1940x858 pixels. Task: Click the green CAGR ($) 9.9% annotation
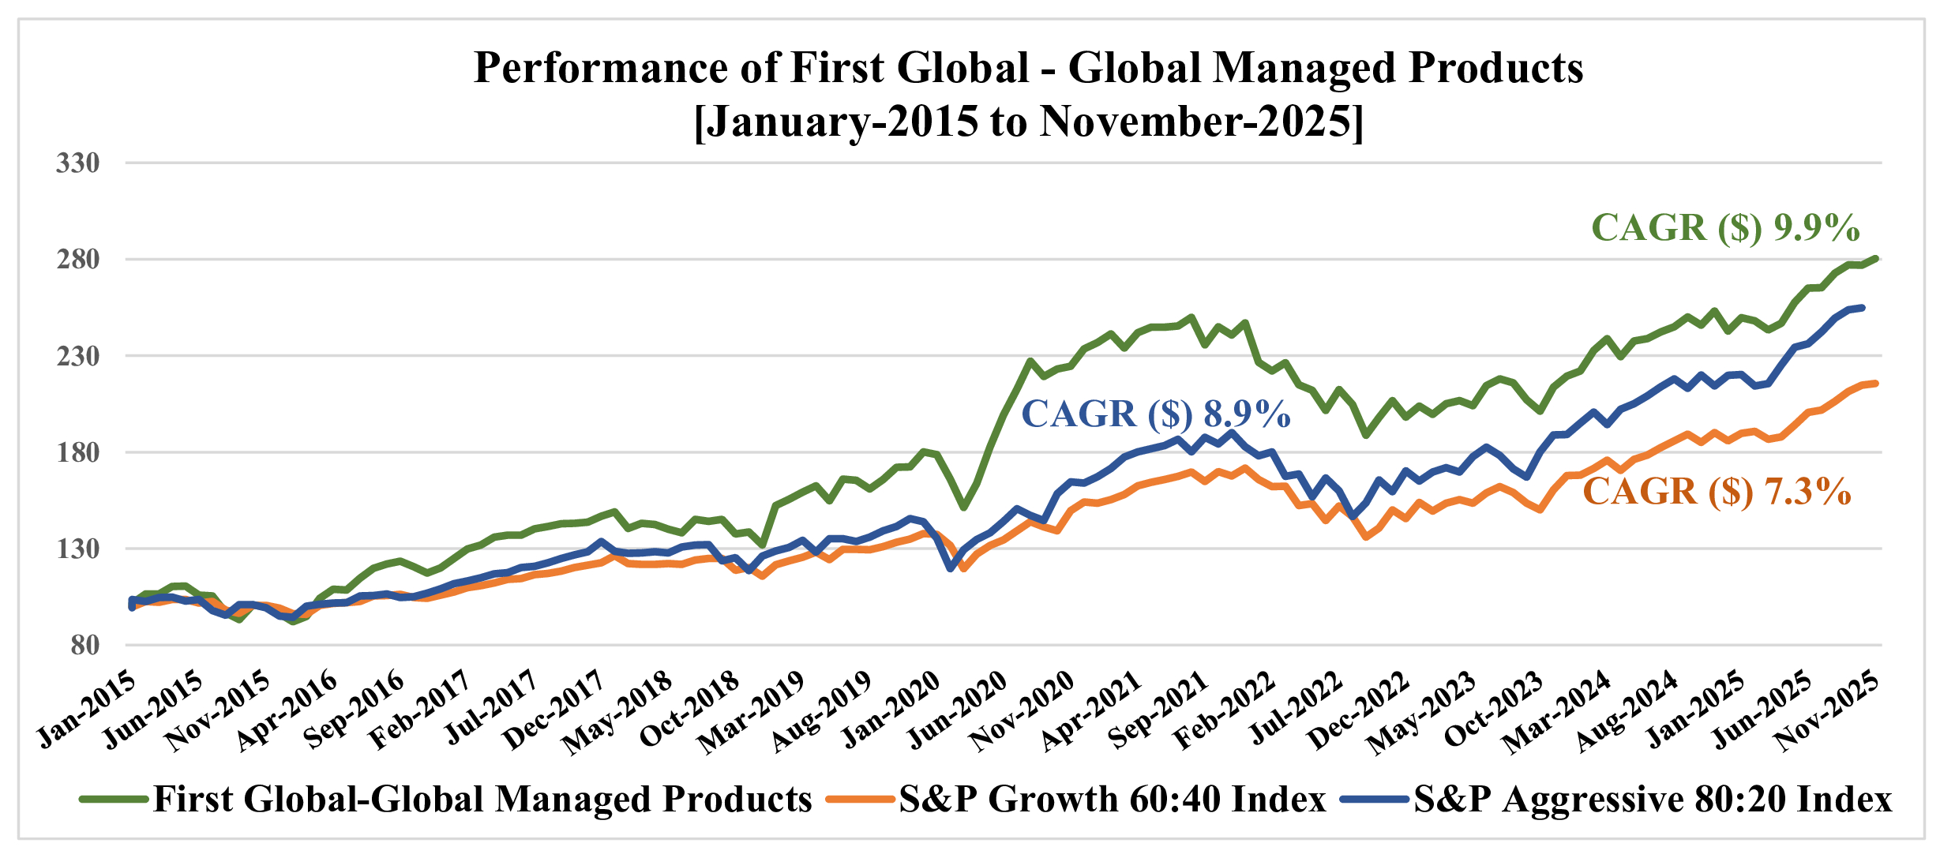[x=1725, y=228]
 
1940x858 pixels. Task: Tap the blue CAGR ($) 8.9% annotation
[x=1156, y=414]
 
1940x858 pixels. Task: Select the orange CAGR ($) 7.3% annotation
[x=1717, y=492]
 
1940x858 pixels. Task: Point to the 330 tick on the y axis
[x=77, y=163]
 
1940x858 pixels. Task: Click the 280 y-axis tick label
[x=77, y=260]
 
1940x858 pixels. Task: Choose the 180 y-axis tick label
[x=77, y=452]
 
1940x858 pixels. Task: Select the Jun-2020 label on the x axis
[x=958, y=710]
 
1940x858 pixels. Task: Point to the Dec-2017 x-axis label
[x=555, y=710]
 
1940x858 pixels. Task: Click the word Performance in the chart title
[x=600, y=69]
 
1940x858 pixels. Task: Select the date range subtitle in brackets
[x=1028, y=122]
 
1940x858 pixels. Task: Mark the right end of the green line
[x=1876, y=259]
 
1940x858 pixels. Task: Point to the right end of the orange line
[x=1876, y=384]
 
